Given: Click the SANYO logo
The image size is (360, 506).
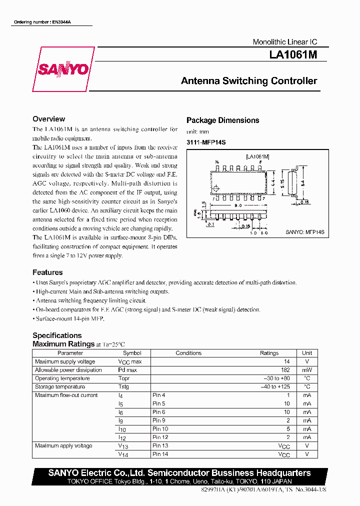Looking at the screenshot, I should (x=63, y=69).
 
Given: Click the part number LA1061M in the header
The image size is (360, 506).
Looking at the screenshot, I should (x=293, y=55).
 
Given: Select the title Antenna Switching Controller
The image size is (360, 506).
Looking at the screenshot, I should (x=249, y=81).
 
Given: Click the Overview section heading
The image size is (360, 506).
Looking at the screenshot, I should (x=48, y=119).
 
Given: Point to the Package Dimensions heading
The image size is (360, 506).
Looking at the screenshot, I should (x=222, y=120).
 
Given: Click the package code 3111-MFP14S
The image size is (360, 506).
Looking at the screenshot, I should (x=206, y=142).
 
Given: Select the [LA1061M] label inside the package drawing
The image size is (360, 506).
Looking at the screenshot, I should (x=257, y=157).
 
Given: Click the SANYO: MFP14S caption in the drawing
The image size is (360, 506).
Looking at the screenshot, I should (x=305, y=232).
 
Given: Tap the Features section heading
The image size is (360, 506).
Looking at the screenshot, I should (x=47, y=272).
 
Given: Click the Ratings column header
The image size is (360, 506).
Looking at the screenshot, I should (x=269, y=353).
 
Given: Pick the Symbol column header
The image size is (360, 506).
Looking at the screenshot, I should (x=132, y=353).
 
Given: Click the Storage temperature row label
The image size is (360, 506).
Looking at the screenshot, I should (x=60, y=387).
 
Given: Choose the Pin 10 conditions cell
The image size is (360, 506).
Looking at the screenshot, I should (x=160, y=429).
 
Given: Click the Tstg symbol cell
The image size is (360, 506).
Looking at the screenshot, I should (x=123, y=387).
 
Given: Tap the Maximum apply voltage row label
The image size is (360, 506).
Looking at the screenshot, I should (x=63, y=446).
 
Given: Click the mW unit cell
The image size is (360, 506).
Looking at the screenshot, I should (x=307, y=370).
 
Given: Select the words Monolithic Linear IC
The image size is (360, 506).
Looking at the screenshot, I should (x=284, y=42).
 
